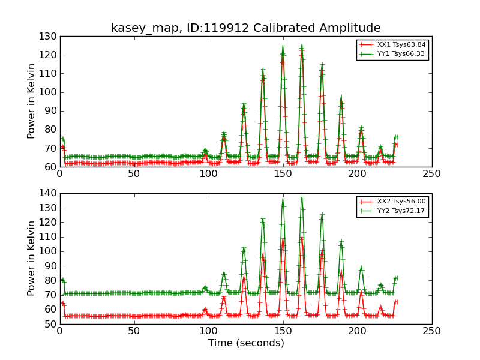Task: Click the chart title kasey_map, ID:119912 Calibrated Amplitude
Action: point(245,28)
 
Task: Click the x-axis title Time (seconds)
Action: point(246,343)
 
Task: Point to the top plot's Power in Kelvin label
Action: point(32,101)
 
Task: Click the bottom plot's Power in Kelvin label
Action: point(32,258)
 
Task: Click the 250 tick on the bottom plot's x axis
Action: point(431,331)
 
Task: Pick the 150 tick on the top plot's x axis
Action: point(283,174)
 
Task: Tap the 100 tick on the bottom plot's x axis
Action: point(208,331)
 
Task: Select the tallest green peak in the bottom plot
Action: point(302,199)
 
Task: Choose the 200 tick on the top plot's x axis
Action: point(357,174)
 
